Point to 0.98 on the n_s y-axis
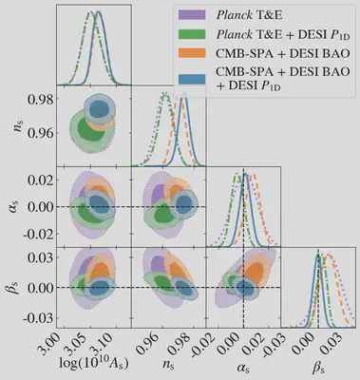(41, 99)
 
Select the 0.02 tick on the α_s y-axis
(41, 179)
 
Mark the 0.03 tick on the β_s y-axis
(41, 258)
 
